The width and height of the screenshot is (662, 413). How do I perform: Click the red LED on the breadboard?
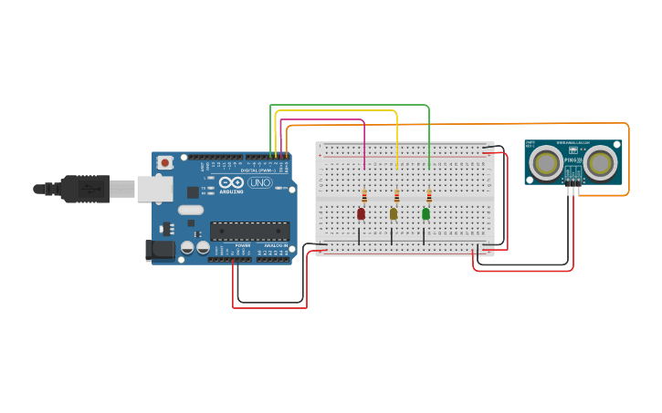pyautogui.click(x=361, y=213)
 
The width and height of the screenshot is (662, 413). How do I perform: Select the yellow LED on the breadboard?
pyautogui.click(x=394, y=213)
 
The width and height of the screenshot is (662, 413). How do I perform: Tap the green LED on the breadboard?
pyautogui.click(x=426, y=213)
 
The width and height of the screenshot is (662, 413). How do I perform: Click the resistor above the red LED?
pyautogui.click(x=364, y=196)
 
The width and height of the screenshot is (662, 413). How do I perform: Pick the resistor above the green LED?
pyautogui.click(x=429, y=196)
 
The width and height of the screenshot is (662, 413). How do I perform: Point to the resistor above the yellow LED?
pyautogui.click(x=396, y=196)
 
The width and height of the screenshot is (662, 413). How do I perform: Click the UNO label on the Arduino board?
pyautogui.click(x=260, y=182)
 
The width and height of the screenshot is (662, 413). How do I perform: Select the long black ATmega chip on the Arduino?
pyautogui.click(x=249, y=231)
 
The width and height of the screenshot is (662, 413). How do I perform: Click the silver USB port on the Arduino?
pyautogui.click(x=154, y=189)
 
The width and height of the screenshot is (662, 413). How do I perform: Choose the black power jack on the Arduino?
pyautogui.click(x=160, y=249)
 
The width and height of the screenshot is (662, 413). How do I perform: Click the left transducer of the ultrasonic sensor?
pyautogui.click(x=547, y=163)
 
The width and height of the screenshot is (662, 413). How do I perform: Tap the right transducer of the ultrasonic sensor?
pyautogui.click(x=600, y=163)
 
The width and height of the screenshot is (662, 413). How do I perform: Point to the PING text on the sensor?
pyautogui.click(x=573, y=161)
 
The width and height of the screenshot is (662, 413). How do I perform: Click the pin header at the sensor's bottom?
pyautogui.click(x=573, y=180)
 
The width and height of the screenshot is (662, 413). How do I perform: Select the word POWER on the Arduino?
pyautogui.click(x=242, y=246)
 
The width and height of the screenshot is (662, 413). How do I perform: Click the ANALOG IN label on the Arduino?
pyautogui.click(x=277, y=246)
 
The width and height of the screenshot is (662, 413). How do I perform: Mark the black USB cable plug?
pyautogui.click(x=86, y=189)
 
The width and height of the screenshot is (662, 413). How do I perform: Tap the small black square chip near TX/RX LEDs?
pyautogui.click(x=193, y=192)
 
